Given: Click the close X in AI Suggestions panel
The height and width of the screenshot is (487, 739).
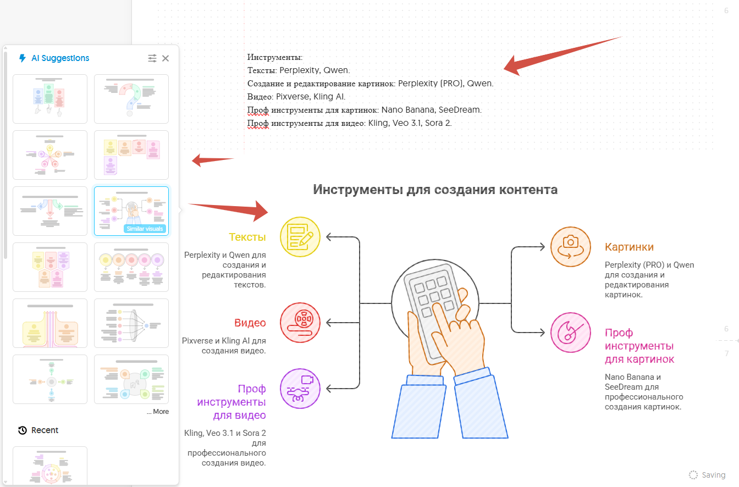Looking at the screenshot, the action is click(166, 58).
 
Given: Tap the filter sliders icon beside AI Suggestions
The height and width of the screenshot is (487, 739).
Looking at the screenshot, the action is click(152, 58).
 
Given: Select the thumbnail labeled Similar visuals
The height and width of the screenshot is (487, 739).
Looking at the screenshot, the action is click(131, 211).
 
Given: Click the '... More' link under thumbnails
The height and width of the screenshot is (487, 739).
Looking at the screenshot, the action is click(158, 411).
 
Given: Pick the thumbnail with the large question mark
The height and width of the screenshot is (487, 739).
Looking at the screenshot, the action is click(131, 99).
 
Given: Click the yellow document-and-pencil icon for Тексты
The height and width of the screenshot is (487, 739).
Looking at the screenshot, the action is click(300, 237).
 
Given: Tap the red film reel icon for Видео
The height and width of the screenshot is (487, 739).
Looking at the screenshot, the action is click(300, 322).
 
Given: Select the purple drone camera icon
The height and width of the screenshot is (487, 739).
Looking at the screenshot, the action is click(300, 388).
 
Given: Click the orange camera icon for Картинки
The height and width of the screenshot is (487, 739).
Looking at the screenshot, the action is click(571, 247).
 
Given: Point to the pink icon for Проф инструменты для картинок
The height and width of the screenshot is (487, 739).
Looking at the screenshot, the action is click(571, 333).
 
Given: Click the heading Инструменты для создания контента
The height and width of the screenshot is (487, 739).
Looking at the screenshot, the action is click(435, 190).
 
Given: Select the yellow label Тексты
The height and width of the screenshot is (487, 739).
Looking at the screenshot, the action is click(247, 237).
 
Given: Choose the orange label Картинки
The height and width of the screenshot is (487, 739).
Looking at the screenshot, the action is click(629, 247).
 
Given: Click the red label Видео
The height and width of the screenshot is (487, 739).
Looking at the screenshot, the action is click(250, 323).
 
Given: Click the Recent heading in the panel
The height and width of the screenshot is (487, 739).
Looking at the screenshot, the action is click(45, 430).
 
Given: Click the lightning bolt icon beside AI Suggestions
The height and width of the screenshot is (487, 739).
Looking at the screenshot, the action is click(22, 58).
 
